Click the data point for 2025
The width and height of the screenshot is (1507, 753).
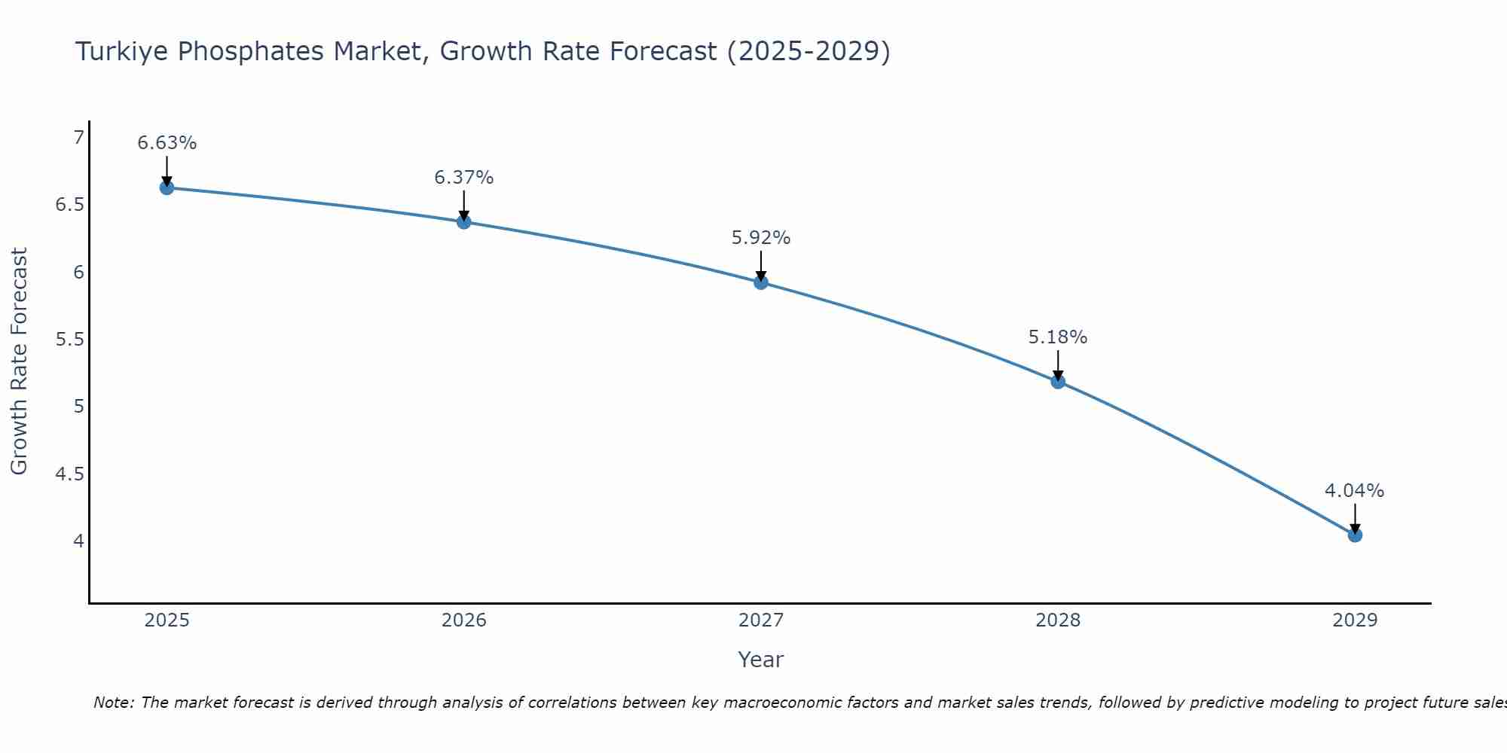167,187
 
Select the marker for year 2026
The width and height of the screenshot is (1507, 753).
463,221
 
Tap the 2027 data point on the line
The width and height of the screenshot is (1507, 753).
761,282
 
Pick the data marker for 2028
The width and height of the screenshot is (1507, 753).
1058,382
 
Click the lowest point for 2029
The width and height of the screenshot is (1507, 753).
1355,535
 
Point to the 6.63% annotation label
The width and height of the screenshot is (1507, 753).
167,143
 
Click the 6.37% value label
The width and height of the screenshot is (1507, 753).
463,178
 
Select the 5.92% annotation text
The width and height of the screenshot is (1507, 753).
761,238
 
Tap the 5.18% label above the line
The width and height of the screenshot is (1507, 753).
1058,337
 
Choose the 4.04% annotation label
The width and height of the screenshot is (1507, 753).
1355,491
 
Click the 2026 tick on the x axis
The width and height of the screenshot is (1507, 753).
463,620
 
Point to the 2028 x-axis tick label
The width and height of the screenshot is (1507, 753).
1058,620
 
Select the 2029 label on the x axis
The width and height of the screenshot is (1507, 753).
1355,620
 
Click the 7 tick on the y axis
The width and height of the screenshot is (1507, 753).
78,138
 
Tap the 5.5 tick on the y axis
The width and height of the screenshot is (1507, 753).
70,340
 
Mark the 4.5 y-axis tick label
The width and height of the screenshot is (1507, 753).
70,474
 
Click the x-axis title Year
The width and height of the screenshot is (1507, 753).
761,660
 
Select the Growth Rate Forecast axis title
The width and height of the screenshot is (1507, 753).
19,361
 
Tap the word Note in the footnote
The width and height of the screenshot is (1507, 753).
113,703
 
